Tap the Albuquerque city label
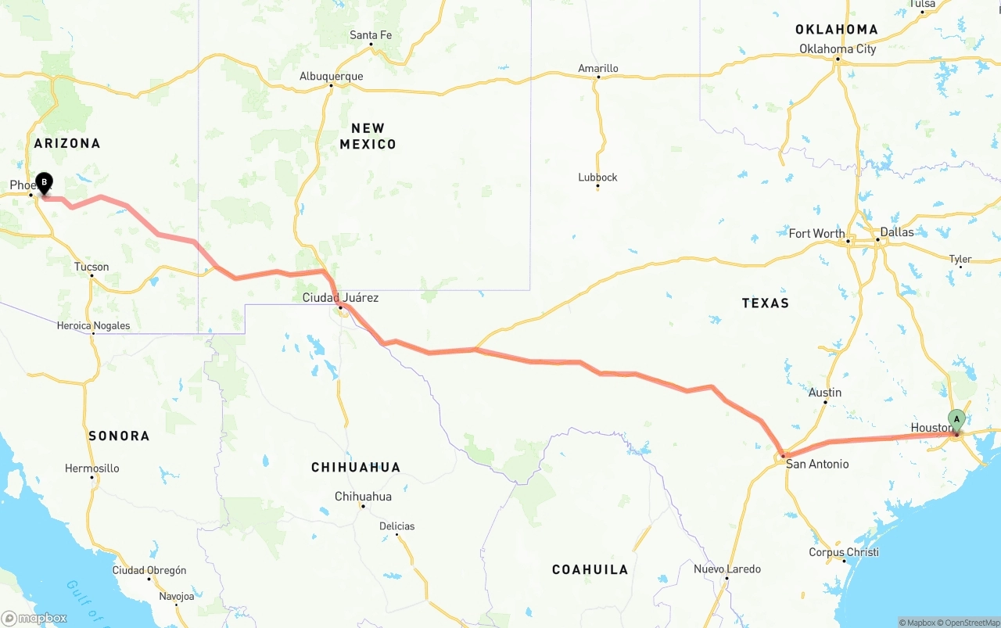tap(331, 76)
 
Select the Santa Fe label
tap(371, 35)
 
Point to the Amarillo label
tap(598, 68)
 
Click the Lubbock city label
tap(597, 178)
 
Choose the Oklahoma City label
tap(838, 49)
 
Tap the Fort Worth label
tap(816, 233)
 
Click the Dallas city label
tap(896, 232)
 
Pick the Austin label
tap(825, 393)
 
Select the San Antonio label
tap(817, 464)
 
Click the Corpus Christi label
tap(844, 552)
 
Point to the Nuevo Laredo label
tap(727, 569)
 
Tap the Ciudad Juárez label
tap(340, 297)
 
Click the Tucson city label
tap(91, 267)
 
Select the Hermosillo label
tap(92, 468)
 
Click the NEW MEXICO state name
tap(368, 136)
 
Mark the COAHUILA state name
tap(590, 569)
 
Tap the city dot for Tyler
tap(960, 267)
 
